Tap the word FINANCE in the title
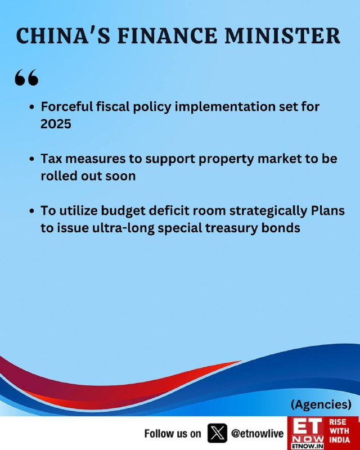[167, 36]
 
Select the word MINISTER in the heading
[282, 36]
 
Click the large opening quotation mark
[26, 77]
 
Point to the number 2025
[56, 124]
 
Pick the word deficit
[169, 210]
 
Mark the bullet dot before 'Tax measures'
[32, 159]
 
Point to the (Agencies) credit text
[321, 404]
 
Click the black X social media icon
[217, 433]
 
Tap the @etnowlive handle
[257, 434]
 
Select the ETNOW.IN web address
[307, 446]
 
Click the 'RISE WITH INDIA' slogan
[339, 431]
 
